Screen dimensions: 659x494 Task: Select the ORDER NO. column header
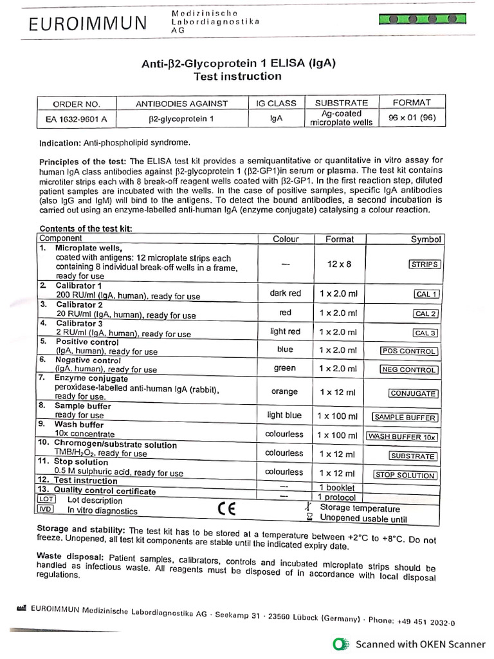[76, 103]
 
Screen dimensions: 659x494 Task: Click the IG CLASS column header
[276, 103]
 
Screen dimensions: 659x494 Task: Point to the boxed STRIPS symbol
[425, 264]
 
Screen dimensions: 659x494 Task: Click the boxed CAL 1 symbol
[426, 294]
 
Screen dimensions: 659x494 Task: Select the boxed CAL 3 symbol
[426, 333]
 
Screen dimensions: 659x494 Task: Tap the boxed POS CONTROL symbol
[410, 351]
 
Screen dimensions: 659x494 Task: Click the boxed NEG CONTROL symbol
[409, 370]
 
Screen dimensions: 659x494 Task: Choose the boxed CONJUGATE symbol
[414, 393]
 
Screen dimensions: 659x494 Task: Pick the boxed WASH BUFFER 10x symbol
[402, 436]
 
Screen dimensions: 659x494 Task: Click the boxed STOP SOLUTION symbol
[406, 475]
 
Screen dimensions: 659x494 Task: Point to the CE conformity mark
[226, 508]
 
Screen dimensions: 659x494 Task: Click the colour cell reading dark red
[286, 293]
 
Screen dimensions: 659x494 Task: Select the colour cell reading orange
[286, 391]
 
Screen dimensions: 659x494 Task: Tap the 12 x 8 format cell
[339, 264]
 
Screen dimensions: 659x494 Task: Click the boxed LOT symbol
[46, 499]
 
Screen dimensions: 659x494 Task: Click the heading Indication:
[60, 142]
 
